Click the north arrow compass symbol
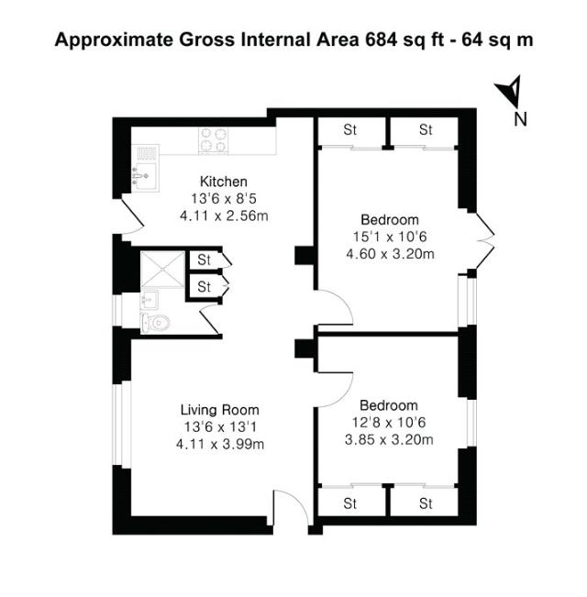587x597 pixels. pyautogui.click(x=509, y=93)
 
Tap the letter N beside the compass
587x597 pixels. pyautogui.click(x=520, y=118)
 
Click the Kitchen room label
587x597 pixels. pyautogui.click(x=224, y=181)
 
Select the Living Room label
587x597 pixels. pyautogui.click(x=219, y=409)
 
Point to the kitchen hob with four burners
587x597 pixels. pyautogui.click(x=215, y=140)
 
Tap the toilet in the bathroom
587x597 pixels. pyautogui.click(x=156, y=321)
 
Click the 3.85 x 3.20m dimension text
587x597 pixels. pyautogui.click(x=389, y=440)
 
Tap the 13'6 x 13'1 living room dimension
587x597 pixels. pyautogui.click(x=219, y=426)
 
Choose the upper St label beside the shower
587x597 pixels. pyautogui.click(x=205, y=260)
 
